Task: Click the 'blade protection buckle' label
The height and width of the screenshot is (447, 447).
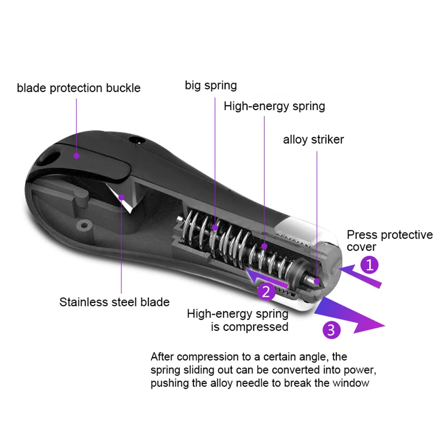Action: coord(79,88)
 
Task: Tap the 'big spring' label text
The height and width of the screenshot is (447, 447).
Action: coord(211,85)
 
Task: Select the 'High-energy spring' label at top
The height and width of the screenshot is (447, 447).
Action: coord(274,106)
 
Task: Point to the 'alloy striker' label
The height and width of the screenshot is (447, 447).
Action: coord(313,140)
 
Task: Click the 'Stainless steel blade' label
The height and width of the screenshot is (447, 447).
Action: coord(114,302)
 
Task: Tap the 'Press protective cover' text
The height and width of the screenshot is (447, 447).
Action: coord(390,241)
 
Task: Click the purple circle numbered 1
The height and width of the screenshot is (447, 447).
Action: coord(369,265)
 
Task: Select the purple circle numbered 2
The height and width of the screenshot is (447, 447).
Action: coord(266,292)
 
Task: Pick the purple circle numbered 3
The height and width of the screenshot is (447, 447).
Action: coord(331,330)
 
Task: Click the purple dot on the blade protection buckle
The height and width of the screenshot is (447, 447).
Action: coord(77,156)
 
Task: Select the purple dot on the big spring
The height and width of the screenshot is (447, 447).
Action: coord(215,227)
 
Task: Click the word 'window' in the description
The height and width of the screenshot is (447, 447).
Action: coord(352,383)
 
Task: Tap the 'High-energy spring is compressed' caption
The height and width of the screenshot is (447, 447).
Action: coord(238,320)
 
